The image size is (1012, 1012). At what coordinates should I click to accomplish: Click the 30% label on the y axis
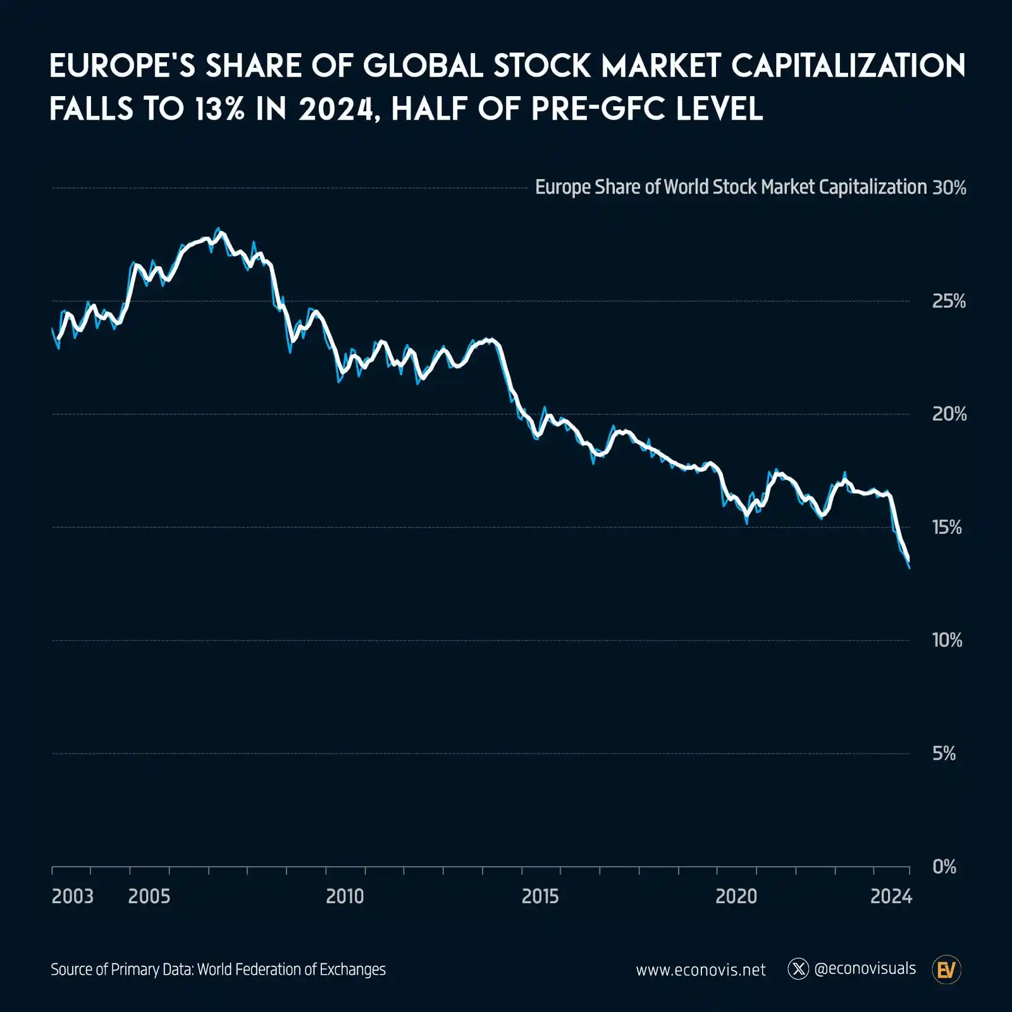point(949,188)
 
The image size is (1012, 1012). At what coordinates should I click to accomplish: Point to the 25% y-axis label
point(949,301)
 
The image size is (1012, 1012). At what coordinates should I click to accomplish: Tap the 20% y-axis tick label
point(949,414)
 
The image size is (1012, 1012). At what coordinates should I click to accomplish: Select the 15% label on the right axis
point(947,528)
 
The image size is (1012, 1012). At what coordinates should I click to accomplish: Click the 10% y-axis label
point(947,640)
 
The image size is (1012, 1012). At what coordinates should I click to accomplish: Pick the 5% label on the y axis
point(944,753)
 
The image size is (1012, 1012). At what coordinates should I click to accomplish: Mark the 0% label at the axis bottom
point(944,867)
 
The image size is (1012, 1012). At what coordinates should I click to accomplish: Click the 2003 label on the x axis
point(72,896)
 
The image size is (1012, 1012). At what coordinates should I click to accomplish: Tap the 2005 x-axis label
point(149,896)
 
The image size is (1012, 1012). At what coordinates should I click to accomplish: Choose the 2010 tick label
point(345,896)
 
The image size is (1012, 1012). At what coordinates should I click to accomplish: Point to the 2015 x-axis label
point(540,896)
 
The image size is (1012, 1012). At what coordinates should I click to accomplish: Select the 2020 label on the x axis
point(736,896)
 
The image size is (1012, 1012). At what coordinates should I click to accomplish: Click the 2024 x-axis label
point(891,896)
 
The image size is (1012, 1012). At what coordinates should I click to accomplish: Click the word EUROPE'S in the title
point(122,66)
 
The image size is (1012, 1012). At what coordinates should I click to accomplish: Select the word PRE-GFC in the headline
point(598,109)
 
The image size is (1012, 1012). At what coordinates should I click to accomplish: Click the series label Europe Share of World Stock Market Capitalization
point(731,187)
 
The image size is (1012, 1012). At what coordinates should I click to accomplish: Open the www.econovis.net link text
point(701,970)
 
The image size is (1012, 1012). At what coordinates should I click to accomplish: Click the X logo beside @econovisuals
point(798,969)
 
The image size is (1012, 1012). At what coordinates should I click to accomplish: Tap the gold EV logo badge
point(946,970)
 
